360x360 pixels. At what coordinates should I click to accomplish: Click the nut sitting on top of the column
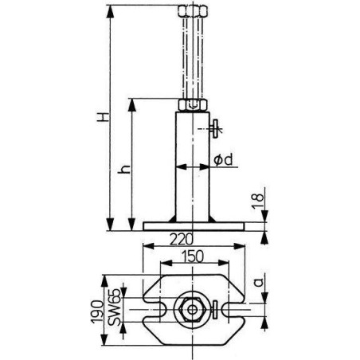pyautogui.click(x=194, y=104)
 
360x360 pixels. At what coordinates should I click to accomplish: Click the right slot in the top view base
pyautogui.click(x=232, y=307)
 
